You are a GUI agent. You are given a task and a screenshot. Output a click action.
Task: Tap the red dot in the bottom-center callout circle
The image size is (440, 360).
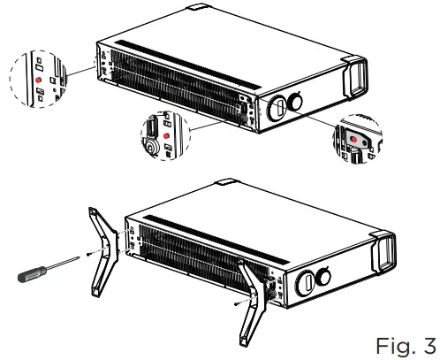(x=165, y=135)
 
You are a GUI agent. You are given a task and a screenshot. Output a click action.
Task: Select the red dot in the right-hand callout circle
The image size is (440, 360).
(x=353, y=138)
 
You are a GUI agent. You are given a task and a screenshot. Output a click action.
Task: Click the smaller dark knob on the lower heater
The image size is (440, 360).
(x=323, y=278)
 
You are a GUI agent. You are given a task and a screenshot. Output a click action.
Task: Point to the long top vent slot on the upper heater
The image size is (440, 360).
(x=177, y=52)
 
